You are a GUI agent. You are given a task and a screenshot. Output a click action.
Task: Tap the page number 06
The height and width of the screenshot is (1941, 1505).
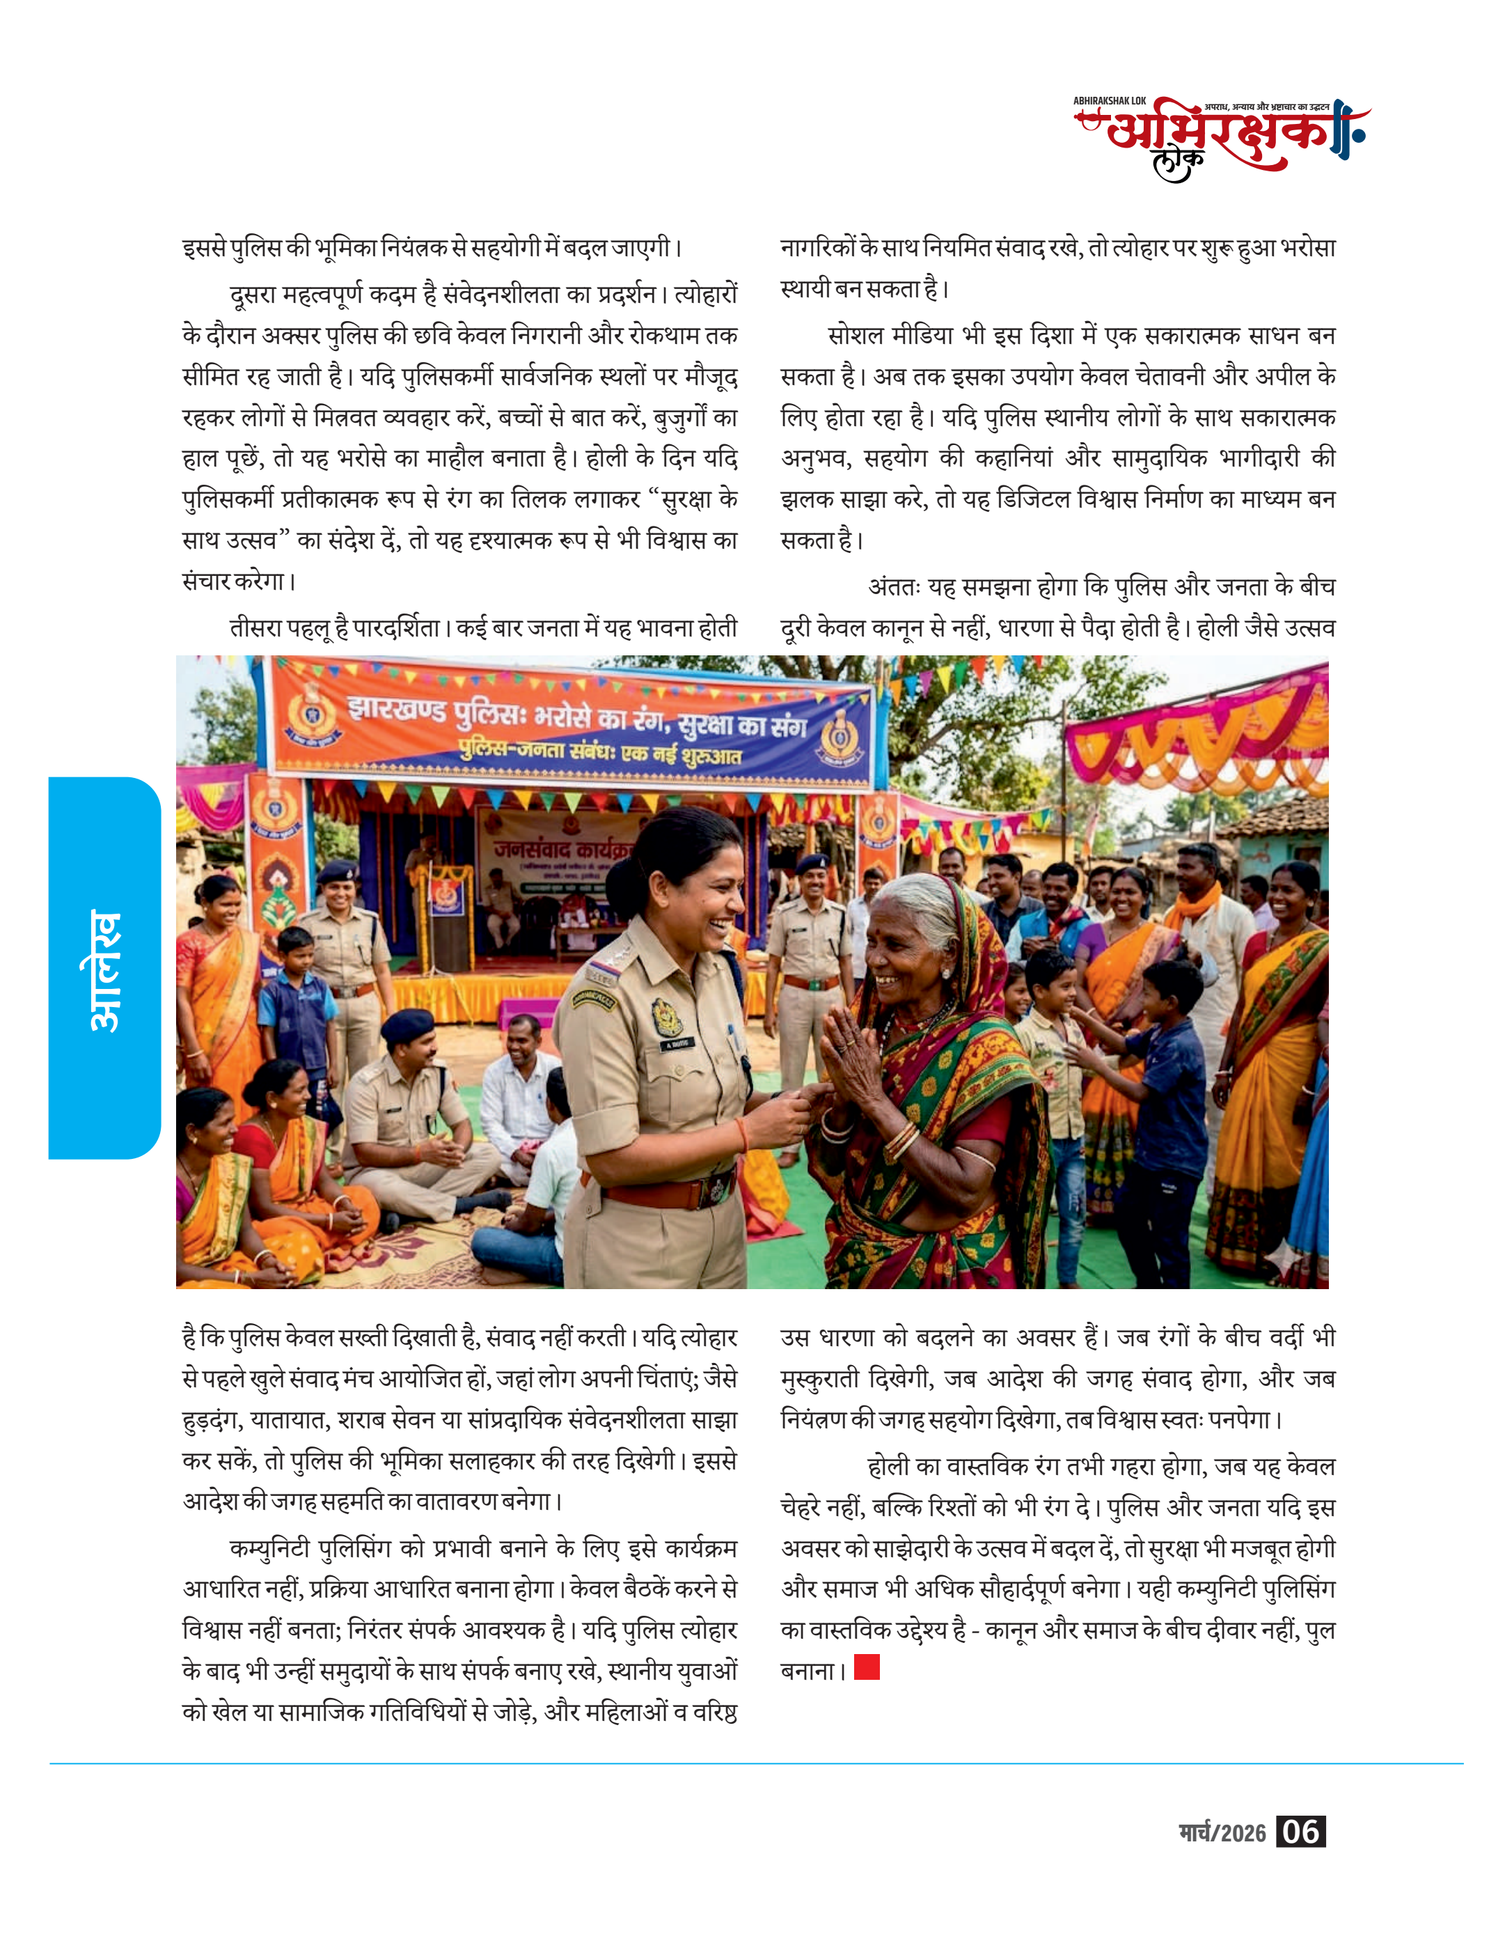(x=1300, y=1832)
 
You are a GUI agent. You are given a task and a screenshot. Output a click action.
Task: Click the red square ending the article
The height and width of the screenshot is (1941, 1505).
(x=866, y=1667)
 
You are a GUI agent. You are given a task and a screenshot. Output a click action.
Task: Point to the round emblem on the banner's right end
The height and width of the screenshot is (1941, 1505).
(x=836, y=737)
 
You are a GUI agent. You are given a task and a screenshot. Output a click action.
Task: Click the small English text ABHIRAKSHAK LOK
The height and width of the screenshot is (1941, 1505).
(x=1109, y=101)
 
